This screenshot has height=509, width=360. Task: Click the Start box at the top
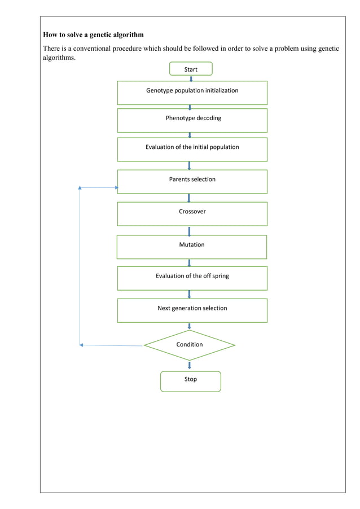coord(191,69)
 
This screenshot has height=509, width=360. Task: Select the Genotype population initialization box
coord(192,93)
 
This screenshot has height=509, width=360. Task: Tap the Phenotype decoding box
coord(192,120)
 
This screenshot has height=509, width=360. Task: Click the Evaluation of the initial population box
coord(192,149)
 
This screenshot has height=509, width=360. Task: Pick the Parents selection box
coord(192,182)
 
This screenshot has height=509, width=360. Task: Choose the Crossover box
coord(192,213)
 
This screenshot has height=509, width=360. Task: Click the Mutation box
coord(192,247)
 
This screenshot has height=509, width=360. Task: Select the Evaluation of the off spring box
coord(192,278)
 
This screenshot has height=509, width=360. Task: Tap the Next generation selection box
coord(192,310)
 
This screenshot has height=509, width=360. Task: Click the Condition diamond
coord(190,345)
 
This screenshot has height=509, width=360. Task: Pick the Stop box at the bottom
coord(191,381)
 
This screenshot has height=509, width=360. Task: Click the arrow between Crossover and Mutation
coord(189,231)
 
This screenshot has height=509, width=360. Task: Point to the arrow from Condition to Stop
coord(190,365)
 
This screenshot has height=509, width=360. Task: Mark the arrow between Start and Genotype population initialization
coord(191,78)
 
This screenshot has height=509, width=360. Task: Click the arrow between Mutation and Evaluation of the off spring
coord(189,262)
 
